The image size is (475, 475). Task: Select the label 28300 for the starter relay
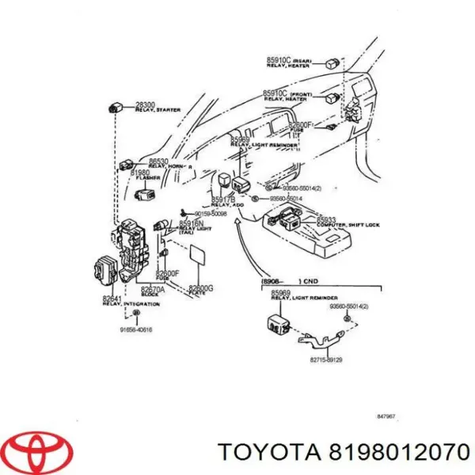point(146,104)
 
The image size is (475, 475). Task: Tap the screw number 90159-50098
point(208,214)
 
